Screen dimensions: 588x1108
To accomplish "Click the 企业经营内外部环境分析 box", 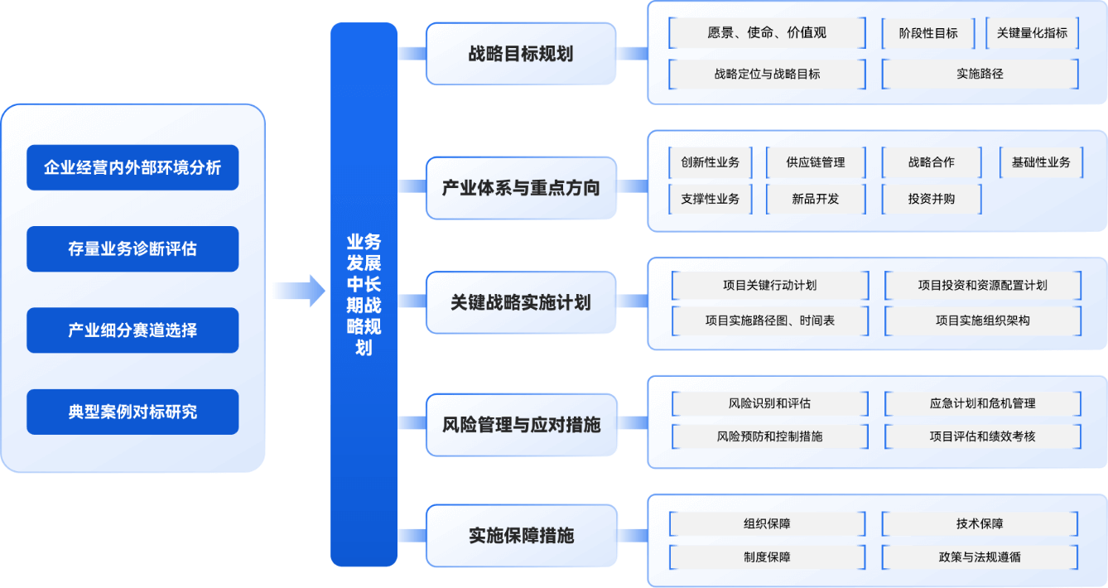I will coord(132,168).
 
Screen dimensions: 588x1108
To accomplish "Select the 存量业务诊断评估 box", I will coord(132,249).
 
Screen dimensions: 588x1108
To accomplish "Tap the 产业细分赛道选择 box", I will coord(132,330).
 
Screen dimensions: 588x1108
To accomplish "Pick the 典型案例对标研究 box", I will coord(132,412).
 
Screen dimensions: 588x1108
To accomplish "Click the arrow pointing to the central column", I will coord(299,291).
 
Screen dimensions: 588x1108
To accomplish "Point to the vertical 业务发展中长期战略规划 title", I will coord(364,295).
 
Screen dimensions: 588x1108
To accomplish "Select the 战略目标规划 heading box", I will coord(521,54).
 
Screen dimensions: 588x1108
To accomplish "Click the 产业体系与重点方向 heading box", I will coord(521,188).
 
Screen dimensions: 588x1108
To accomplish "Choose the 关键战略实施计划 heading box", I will coord(521,302).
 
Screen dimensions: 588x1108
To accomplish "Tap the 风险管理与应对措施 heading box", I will coord(521,425).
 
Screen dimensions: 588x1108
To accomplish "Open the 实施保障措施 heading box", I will coord(521,535).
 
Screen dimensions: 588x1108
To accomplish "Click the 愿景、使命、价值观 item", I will coord(767,33).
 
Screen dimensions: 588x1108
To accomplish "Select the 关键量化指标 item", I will coord(1032,33).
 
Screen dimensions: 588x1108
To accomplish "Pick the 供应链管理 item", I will coord(816,162).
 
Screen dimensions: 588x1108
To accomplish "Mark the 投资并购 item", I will coord(931,199).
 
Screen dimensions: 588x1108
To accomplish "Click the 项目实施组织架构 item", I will coord(982,321).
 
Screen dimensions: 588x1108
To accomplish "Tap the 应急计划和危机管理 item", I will coord(982,403).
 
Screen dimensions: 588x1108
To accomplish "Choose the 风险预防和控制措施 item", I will coord(769,436).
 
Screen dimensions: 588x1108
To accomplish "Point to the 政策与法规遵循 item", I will coord(980,557).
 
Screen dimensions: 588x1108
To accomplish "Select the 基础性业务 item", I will coord(1040,162).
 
